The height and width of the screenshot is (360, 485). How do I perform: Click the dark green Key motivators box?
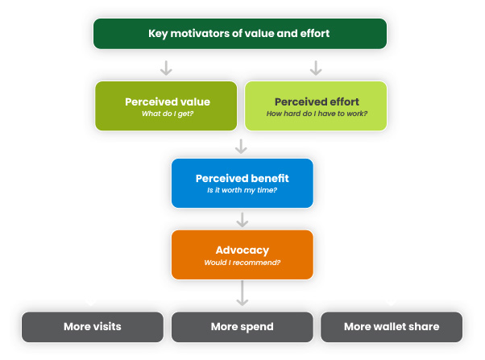pyautogui.click(x=240, y=34)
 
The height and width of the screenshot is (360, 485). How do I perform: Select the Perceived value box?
pyautogui.click(x=167, y=106)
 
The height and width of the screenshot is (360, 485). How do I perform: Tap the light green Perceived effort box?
pyautogui.click(x=316, y=106)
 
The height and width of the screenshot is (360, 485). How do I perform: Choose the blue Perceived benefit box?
pyautogui.click(x=242, y=183)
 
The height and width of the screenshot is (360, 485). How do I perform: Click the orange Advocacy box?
pyautogui.click(x=242, y=254)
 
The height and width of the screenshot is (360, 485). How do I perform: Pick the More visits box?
pyautogui.click(x=92, y=327)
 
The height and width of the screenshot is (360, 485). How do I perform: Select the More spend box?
pyautogui.click(x=242, y=327)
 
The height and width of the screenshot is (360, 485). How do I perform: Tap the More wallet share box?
pyautogui.click(x=392, y=327)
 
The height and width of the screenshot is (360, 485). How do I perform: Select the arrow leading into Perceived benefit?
pyautogui.click(x=241, y=146)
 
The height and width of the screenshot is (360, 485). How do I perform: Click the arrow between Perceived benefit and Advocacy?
pyautogui.click(x=242, y=219)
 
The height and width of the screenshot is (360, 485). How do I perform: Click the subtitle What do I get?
pyautogui.click(x=167, y=114)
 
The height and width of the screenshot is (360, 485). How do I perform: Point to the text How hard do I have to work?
pyautogui.click(x=317, y=114)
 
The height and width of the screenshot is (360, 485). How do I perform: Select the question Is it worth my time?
pyautogui.click(x=242, y=190)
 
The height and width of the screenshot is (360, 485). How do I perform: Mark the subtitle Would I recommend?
pyautogui.click(x=242, y=262)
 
